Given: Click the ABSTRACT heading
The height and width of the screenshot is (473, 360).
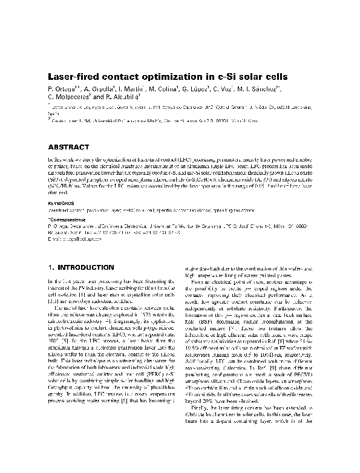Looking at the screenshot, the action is click(x=69, y=147).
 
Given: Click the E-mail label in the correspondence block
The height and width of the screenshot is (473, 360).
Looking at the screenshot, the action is click(x=56, y=241).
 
